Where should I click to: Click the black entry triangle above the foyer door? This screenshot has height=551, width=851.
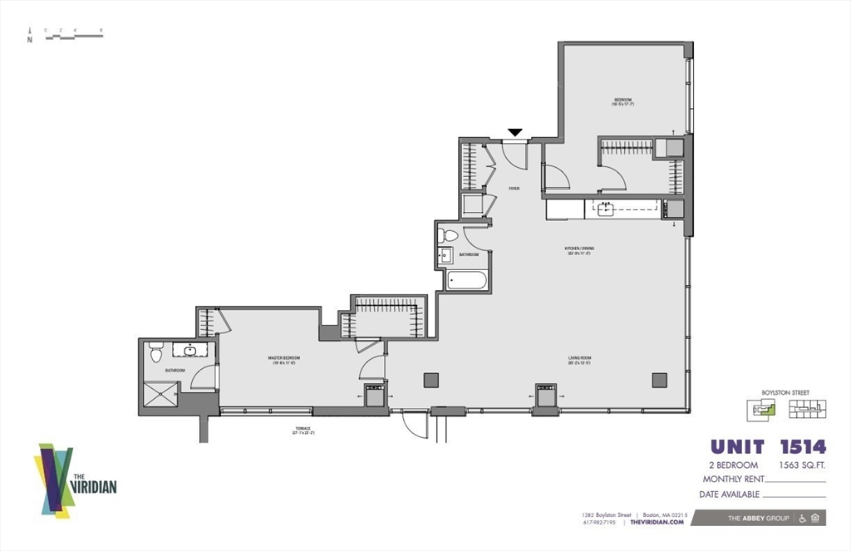point(515,132)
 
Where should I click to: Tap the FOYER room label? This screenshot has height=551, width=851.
point(514,189)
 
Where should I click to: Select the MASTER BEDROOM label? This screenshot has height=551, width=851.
point(283,359)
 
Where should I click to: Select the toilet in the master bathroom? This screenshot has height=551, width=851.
point(155,353)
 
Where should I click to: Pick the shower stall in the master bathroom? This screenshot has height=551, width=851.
point(160,394)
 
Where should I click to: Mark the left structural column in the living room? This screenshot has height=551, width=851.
point(430,380)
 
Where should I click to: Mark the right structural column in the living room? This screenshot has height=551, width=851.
point(659,380)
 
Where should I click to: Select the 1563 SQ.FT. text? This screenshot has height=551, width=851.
point(802,465)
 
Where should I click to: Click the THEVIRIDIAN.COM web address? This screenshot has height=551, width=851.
point(657,522)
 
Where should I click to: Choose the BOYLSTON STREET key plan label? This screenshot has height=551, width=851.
point(785,392)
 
